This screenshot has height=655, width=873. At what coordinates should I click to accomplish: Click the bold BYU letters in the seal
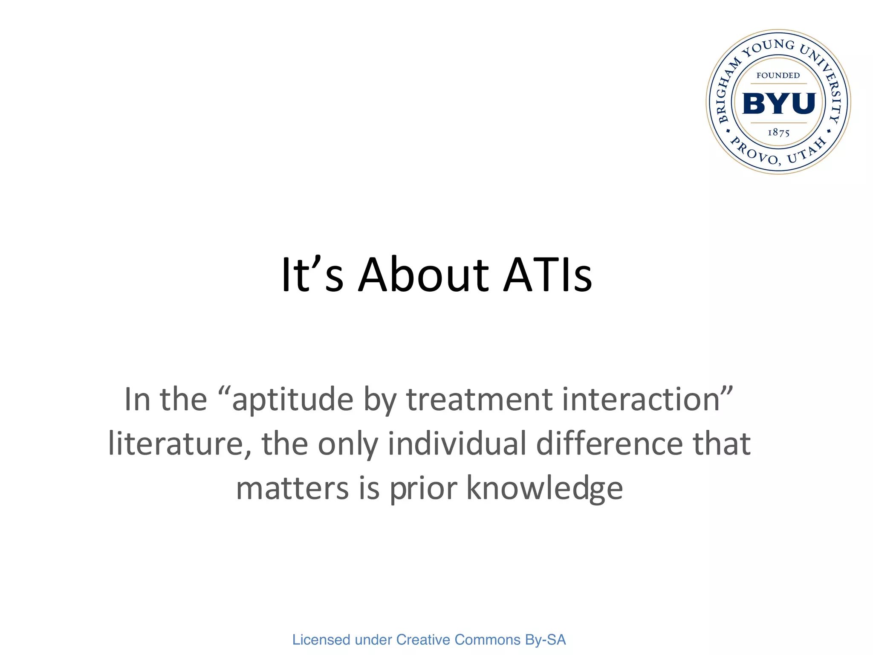pos(779,104)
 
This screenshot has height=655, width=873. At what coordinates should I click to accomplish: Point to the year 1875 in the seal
pos(778,133)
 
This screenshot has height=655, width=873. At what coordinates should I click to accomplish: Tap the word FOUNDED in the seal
pos(778,75)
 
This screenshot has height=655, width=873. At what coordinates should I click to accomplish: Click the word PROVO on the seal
pos(754,152)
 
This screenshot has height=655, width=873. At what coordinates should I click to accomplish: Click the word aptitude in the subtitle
pos(292,400)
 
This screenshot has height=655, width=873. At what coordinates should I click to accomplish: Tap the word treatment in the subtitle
pos(479,400)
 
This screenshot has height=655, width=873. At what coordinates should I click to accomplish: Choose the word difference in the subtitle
pos(610,444)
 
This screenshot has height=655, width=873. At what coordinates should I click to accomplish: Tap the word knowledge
pos(544,489)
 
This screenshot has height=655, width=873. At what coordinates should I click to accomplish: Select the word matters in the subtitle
pos(292,489)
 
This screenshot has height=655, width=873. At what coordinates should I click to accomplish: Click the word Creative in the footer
pos(423,640)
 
